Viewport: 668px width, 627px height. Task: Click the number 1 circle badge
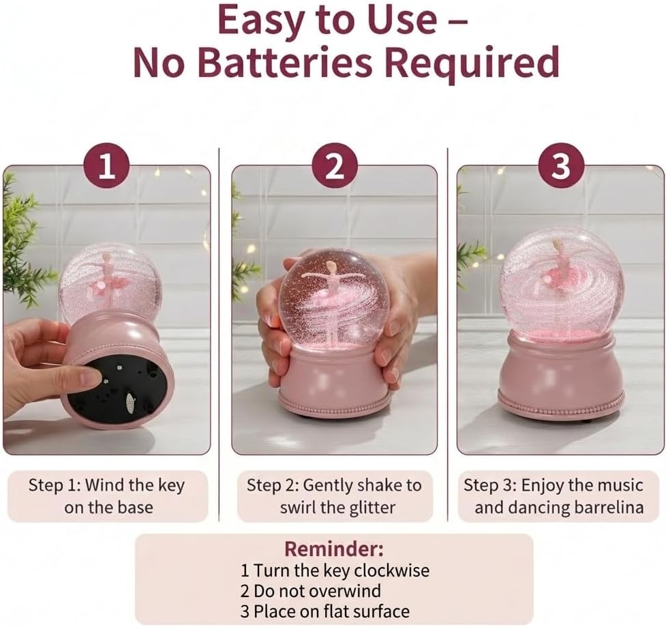107,166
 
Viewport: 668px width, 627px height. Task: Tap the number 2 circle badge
335,166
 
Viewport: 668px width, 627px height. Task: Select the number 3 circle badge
560,166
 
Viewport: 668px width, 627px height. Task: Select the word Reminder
333,549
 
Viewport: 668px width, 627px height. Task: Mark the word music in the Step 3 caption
620,485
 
